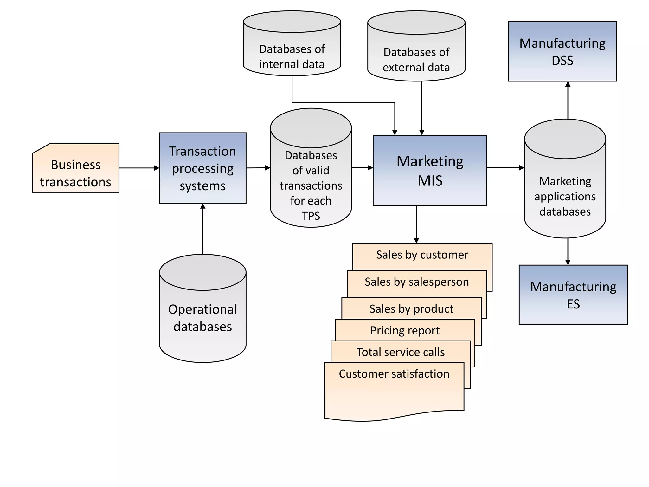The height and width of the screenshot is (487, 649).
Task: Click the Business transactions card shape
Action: pyautogui.click(x=75, y=168)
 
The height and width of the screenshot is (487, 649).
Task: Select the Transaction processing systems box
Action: pyautogui.click(x=202, y=168)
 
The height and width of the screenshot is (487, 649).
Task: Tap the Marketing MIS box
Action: pyautogui.click(x=430, y=171)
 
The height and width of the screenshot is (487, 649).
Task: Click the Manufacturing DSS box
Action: pyautogui.click(x=562, y=51)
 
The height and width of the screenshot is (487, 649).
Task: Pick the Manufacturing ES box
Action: pyautogui.click(x=573, y=295)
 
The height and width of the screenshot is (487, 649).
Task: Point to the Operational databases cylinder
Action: pyautogui.click(x=202, y=317)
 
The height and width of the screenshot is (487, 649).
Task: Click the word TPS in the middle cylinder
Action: pyautogui.click(x=311, y=216)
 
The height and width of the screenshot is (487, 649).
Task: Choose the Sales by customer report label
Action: pyautogui.click(x=422, y=255)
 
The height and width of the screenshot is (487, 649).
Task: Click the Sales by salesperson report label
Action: pyautogui.click(x=416, y=282)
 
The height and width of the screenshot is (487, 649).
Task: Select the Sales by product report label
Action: pyautogui.click(x=411, y=309)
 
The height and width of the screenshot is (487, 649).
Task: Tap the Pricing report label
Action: pyautogui.click(x=405, y=330)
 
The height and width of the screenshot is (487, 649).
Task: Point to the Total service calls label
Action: pyautogui.click(x=401, y=352)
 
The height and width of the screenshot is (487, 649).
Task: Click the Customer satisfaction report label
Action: pyautogui.click(x=394, y=374)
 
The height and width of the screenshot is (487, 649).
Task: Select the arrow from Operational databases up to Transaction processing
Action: pyautogui.click(x=203, y=228)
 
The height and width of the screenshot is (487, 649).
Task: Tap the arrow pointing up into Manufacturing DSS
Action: pyautogui.click(x=568, y=100)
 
